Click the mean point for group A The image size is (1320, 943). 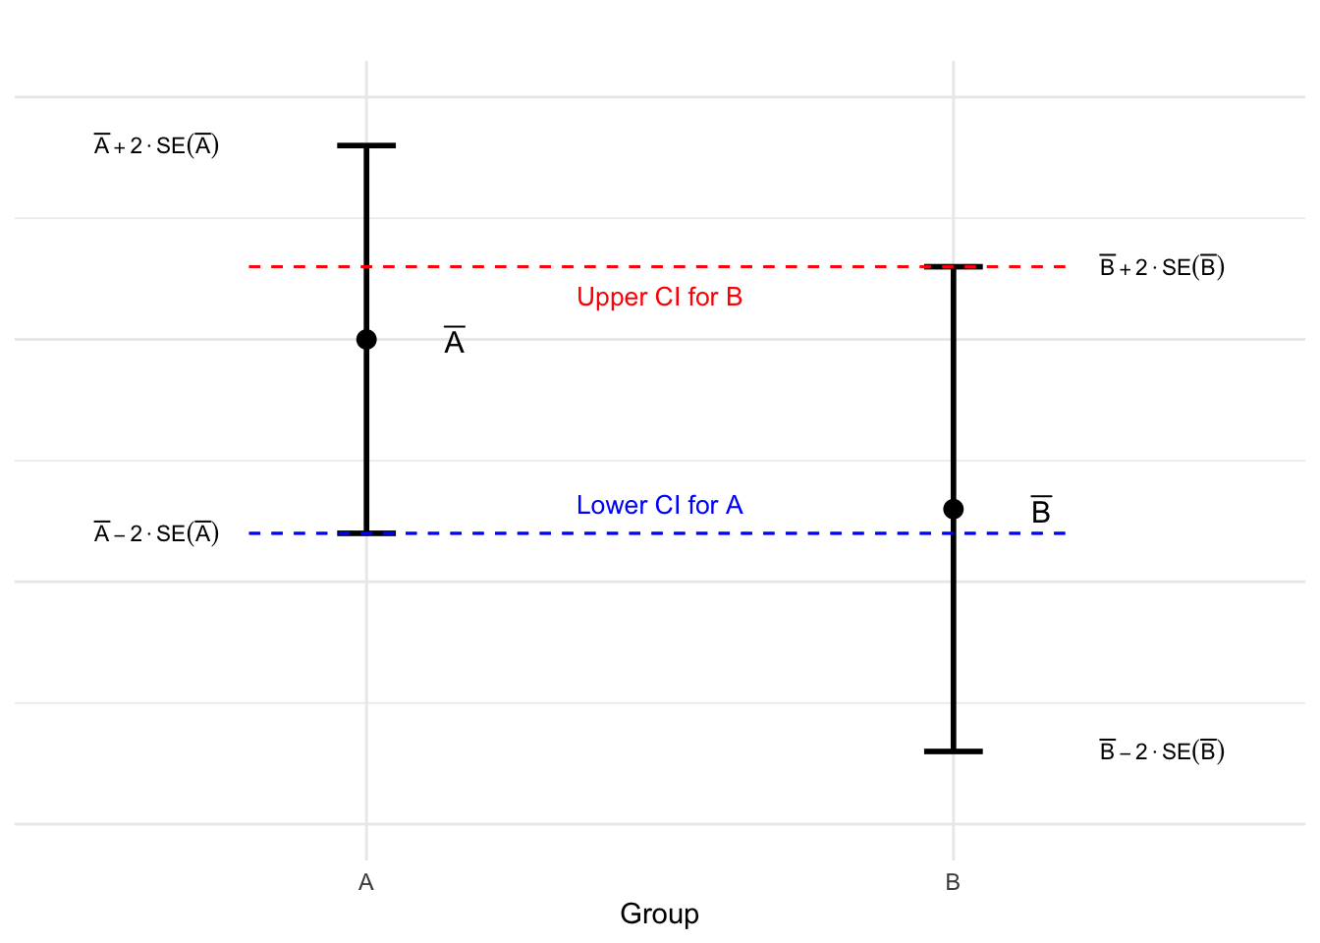click(x=366, y=340)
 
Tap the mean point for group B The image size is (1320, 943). click(x=953, y=509)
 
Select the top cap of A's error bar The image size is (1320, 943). click(x=366, y=145)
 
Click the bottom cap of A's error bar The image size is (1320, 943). click(x=366, y=533)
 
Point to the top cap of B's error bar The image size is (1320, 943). click(x=953, y=266)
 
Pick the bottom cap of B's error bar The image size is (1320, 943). click(x=953, y=751)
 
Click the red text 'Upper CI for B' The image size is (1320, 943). click(x=659, y=298)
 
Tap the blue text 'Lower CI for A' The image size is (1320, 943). click(x=659, y=505)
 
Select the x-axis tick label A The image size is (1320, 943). click(x=366, y=883)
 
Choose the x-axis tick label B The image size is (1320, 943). click(x=953, y=883)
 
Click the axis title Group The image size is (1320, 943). click(x=659, y=915)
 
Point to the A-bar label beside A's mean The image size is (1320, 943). click(x=454, y=342)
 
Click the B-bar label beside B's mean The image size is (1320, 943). click(x=1041, y=511)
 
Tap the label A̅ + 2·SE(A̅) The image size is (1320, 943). click(x=156, y=146)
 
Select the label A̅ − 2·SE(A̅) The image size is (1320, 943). click(x=156, y=533)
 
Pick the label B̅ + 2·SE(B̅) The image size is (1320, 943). click(x=1162, y=267)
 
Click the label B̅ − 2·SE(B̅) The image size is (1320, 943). click(x=1162, y=751)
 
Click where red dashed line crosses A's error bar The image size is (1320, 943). click(x=366, y=266)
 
